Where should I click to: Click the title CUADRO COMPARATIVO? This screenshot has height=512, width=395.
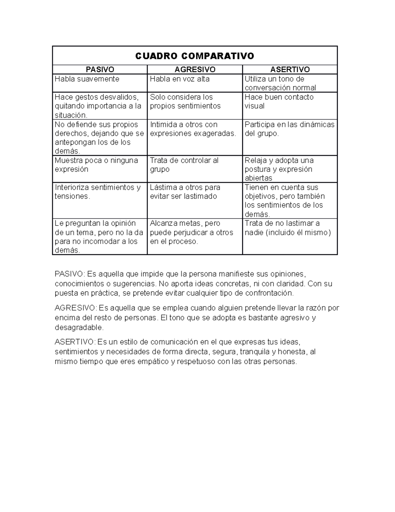coord(195,56)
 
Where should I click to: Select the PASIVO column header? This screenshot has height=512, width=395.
coord(100,70)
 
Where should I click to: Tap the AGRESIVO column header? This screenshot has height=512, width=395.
coord(195,70)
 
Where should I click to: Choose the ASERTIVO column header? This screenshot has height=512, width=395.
coord(290,70)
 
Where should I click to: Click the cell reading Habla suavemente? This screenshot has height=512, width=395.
coord(87,79)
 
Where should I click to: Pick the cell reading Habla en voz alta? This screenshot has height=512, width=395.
coord(180,79)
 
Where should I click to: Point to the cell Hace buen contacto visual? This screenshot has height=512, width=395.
coord(279,102)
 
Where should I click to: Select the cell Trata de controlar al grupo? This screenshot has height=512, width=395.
coord(184,165)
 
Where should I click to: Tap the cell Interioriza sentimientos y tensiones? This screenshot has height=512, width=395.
coord(97,192)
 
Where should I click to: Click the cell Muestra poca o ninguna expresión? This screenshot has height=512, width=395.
coord(96,165)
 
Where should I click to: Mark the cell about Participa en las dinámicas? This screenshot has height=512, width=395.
coord(289,129)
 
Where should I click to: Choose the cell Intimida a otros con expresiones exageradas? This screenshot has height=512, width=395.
coord(193,129)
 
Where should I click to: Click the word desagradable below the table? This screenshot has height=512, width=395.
coord(79,328)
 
